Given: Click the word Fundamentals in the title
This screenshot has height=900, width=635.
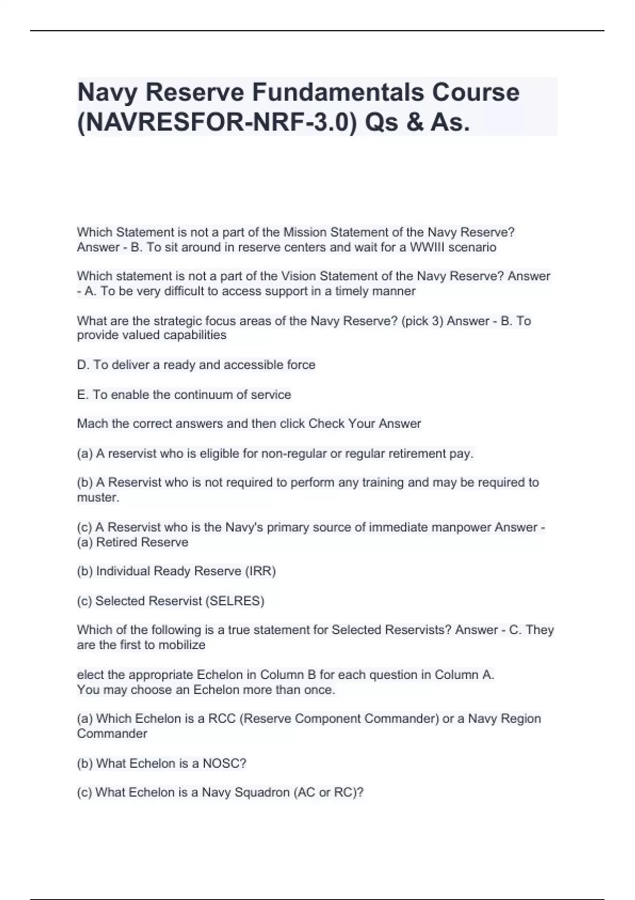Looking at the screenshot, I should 339,93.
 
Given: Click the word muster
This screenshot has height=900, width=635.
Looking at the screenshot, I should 98,498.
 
